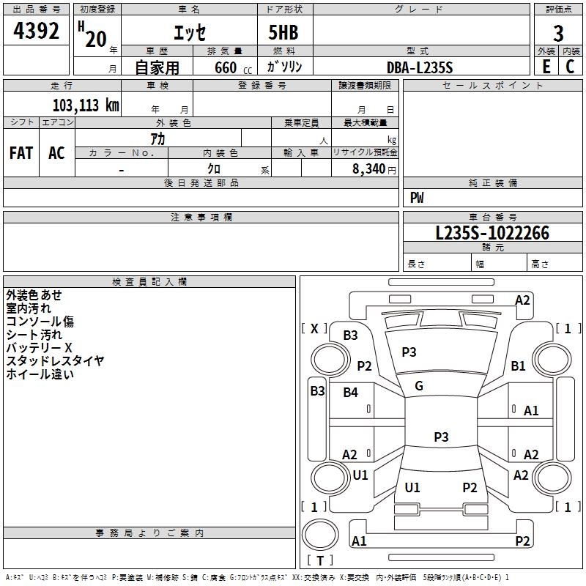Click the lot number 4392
click(x=36, y=31)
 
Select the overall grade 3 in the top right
click(x=558, y=34)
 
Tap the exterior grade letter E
click(x=546, y=67)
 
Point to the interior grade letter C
click(x=570, y=67)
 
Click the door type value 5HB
click(x=283, y=32)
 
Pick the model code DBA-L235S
click(x=420, y=67)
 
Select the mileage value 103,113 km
click(x=86, y=105)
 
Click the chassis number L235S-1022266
click(x=492, y=233)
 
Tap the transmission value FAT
click(x=21, y=153)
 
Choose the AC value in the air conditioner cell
click(x=56, y=153)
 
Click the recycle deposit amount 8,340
click(x=369, y=169)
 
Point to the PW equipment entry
click(x=417, y=197)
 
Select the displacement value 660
click(x=226, y=67)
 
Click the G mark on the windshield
click(x=419, y=386)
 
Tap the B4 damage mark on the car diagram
click(x=350, y=393)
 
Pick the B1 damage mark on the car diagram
click(x=518, y=366)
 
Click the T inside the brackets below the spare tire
click(x=320, y=560)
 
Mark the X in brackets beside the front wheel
click(x=314, y=329)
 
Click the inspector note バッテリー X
click(x=39, y=348)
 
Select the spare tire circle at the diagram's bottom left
click(x=320, y=535)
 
